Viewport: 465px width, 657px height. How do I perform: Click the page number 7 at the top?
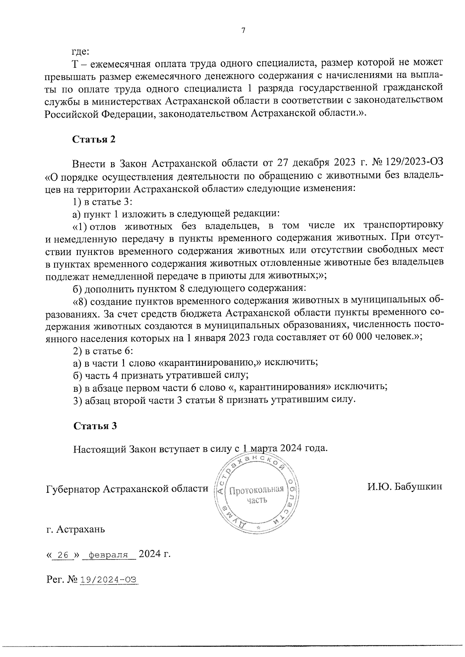point(243,31)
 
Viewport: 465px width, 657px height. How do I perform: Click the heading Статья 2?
point(94,139)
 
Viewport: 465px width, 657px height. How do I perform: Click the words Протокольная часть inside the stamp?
point(257,494)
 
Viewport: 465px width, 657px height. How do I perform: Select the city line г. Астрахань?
point(75,529)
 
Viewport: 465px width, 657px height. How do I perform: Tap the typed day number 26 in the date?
point(63,555)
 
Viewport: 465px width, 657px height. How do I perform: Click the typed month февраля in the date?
point(108,555)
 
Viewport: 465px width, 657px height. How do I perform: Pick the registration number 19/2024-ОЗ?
point(108,580)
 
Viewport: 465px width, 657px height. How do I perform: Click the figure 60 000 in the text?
point(356,337)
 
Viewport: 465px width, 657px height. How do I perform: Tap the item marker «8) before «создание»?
point(81,301)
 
